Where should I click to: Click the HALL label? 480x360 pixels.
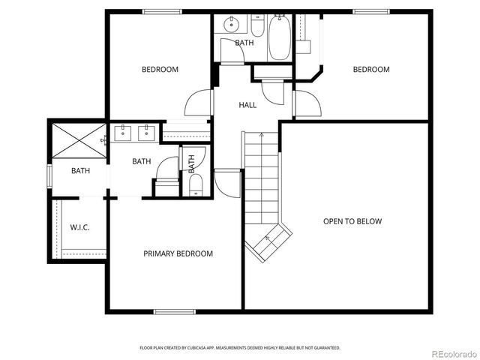click(x=247, y=105)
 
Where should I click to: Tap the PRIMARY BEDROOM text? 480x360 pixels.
click(x=178, y=253)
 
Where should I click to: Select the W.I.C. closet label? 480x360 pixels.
click(x=79, y=227)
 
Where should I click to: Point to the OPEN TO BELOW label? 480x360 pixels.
click(x=352, y=221)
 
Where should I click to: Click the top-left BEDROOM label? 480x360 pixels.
click(x=160, y=70)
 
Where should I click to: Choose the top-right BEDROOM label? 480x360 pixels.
click(x=371, y=70)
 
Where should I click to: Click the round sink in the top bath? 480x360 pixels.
click(x=229, y=25)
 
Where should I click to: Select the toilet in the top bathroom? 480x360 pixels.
click(x=256, y=28)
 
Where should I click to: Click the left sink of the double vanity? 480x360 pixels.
click(x=121, y=134)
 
